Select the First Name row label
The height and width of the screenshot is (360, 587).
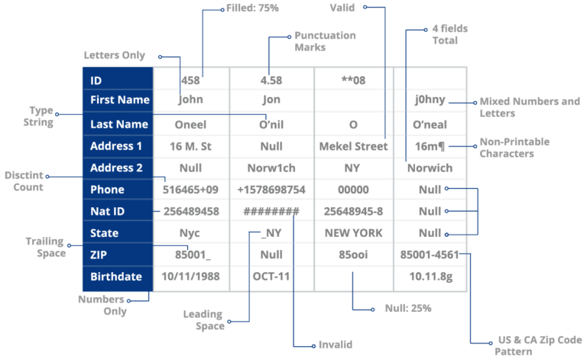pyautogui.click(x=119, y=100)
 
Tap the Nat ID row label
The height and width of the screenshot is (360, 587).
pyautogui.click(x=108, y=211)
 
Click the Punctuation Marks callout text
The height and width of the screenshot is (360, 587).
pyautogui.click(x=325, y=41)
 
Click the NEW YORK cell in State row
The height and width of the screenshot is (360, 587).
pyautogui.click(x=352, y=232)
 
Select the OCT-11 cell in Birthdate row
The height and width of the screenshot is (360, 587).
pyautogui.click(x=271, y=275)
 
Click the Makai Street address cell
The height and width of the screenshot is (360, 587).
pyautogui.click(x=352, y=145)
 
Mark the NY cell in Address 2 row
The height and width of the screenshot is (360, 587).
pyautogui.click(x=352, y=167)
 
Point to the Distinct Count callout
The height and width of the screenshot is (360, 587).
pyautogui.click(x=23, y=180)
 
